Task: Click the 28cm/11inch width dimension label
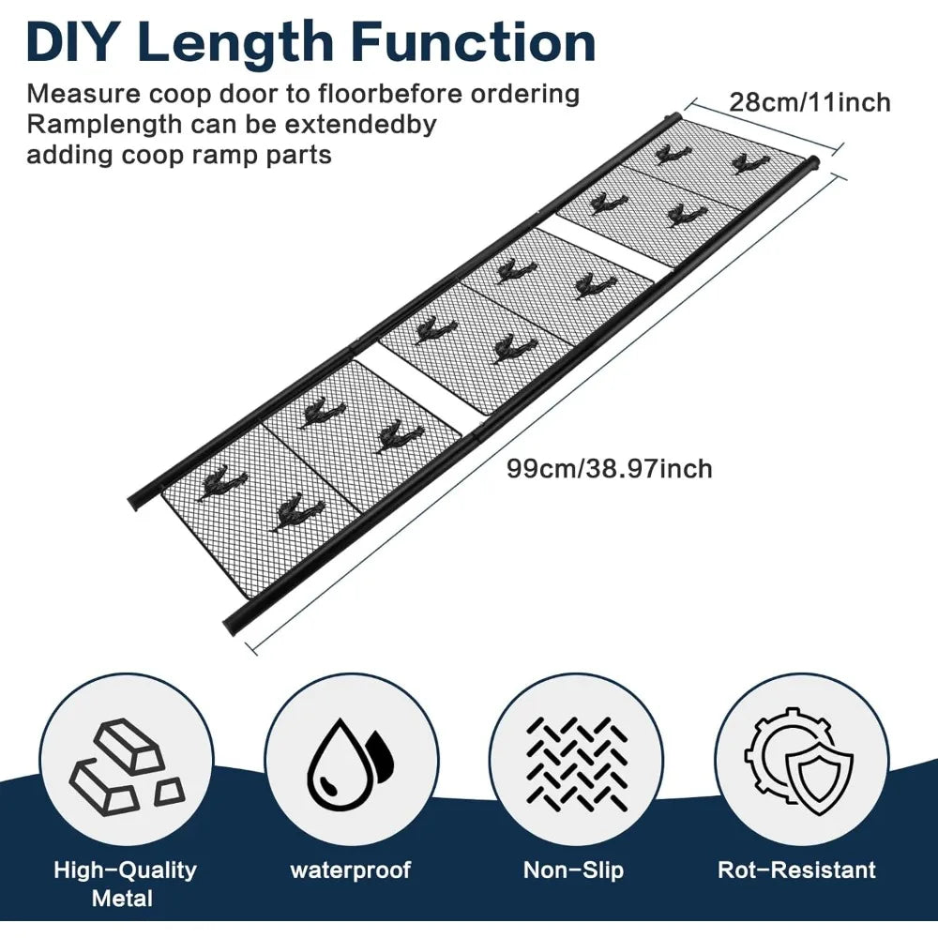809,102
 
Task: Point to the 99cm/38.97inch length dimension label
610,468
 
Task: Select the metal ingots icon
128,766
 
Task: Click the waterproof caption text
351,870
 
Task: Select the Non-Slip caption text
574,870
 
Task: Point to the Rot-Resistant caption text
796,870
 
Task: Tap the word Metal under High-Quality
123,899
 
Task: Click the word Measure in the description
83,95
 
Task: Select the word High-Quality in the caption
125,870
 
